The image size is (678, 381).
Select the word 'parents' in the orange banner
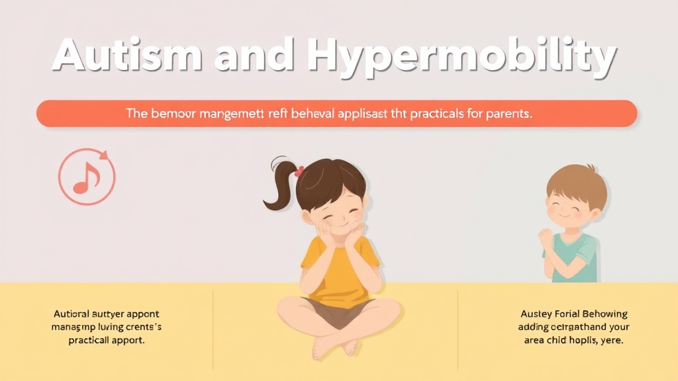pos(507,114)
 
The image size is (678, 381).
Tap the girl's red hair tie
pos(299,171)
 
